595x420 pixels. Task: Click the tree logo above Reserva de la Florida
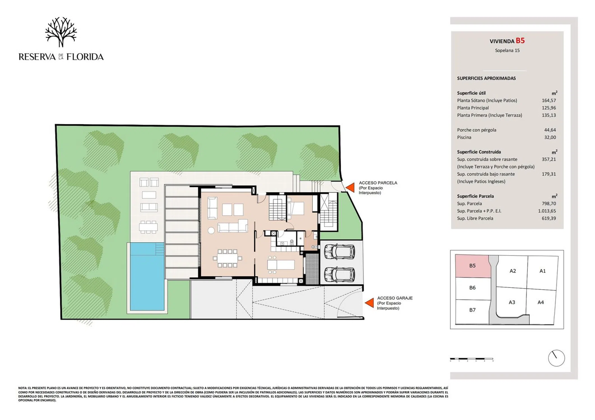click(x=61, y=32)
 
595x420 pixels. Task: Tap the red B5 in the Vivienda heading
click(x=520, y=41)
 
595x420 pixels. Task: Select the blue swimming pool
click(x=147, y=276)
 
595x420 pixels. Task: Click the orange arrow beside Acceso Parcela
click(x=350, y=187)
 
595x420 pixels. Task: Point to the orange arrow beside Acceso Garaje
click(x=369, y=303)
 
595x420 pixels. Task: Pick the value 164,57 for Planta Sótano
click(x=549, y=100)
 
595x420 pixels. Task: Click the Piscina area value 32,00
click(x=550, y=137)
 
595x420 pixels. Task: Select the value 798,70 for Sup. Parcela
click(x=549, y=204)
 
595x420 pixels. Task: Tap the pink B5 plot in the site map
click(x=473, y=266)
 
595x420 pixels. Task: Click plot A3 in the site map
click(x=512, y=302)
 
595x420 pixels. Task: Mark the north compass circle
click(x=556, y=358)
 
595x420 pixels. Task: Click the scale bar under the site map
click(x=471, y=359)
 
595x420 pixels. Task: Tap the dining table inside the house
click(x=227, y=258)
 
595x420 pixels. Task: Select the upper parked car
click(x=339, y=251)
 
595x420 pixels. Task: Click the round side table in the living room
click(x=211, y=230)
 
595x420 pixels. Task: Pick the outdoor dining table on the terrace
click(x=148, y=227)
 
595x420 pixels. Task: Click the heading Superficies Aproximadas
click(x=486, y=78)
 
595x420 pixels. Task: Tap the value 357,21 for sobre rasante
click(x=549, y=159)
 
